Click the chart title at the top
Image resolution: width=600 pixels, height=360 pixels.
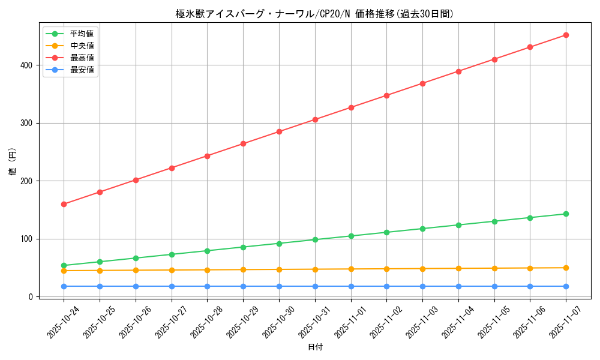[314, 14]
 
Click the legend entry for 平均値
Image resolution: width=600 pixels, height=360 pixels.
[82, 34]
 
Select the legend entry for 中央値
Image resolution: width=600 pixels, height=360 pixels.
[82, 46]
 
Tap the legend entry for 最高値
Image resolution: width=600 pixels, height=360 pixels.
[82, 58]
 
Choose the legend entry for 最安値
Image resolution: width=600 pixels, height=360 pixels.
[82, 70]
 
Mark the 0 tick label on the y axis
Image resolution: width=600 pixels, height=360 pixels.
[30, 297]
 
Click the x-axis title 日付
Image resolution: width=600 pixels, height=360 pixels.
[315, 347]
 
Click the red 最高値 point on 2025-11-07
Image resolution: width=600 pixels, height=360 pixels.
[566, 35]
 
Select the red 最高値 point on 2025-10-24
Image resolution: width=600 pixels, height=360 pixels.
[64, 204]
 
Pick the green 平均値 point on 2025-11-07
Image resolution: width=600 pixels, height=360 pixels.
[566, 214]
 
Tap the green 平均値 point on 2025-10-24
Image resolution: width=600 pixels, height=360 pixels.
[64, 265]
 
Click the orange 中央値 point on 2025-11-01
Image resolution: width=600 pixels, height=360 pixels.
[351, 269]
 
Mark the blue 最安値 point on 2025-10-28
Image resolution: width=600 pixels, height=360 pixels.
[207, 286]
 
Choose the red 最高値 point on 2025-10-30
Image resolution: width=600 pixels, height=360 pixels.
[279, 131]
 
